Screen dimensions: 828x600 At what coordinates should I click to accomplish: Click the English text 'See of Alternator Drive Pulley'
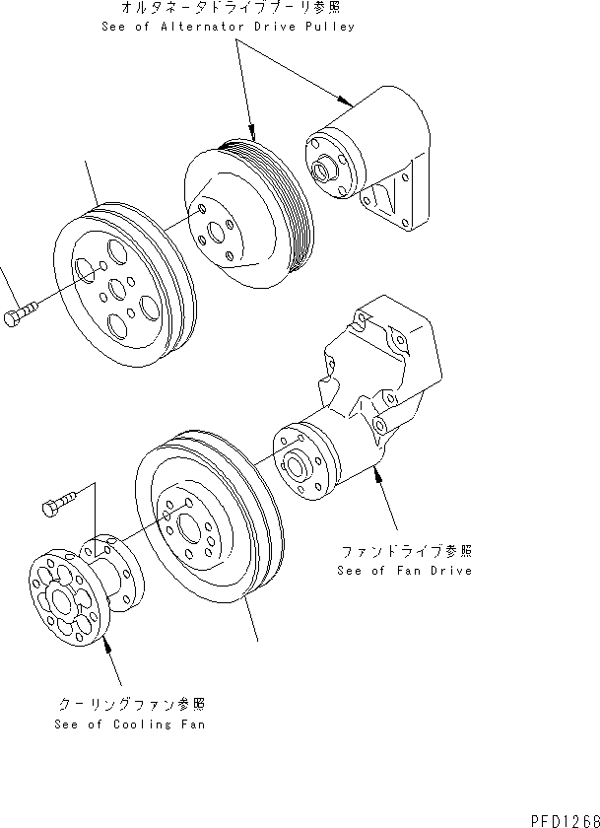(228, 27)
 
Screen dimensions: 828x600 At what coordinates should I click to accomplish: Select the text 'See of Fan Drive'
(404, 570)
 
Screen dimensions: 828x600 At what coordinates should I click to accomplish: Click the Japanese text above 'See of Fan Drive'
(404, 551)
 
